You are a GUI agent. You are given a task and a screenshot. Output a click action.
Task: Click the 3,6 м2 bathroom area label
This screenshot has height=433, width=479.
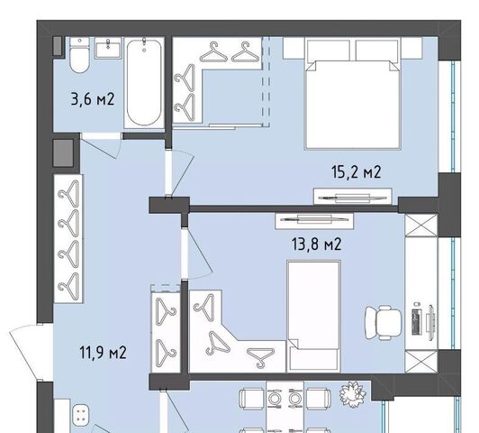pos(93,99)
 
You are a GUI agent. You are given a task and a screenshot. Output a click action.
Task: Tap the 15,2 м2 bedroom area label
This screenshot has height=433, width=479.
pos(357,171)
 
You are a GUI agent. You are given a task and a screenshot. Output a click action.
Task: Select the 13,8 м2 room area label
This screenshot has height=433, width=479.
pos(317,244)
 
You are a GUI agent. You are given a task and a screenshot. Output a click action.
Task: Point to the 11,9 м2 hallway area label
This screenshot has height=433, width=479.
pos(103,353)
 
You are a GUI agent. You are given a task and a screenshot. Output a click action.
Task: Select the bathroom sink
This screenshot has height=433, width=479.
pos(108,48)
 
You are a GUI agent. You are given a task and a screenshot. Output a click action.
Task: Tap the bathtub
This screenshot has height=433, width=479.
pos(144,83)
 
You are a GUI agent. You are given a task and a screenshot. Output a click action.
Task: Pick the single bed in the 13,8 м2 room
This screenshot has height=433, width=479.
pos(314,316)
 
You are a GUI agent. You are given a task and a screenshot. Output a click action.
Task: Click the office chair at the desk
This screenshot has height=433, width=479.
pos(384,323)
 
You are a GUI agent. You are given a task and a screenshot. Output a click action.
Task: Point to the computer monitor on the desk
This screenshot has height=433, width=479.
pos(430,322)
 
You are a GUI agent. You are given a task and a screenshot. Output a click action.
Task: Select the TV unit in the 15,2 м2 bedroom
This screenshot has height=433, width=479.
pos(353,196)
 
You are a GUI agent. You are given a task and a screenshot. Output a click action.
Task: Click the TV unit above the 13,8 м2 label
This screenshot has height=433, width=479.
pos(314,221)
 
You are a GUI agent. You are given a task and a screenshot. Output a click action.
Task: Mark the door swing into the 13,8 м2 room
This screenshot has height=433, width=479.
pos(199,254)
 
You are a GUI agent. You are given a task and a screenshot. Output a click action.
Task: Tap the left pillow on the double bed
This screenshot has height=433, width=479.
pos(329,51)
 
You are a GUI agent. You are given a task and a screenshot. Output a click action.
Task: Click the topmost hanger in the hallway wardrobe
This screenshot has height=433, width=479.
pos(69,192)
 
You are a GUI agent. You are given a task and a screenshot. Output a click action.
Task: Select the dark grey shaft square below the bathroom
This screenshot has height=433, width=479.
pos(63,152)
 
